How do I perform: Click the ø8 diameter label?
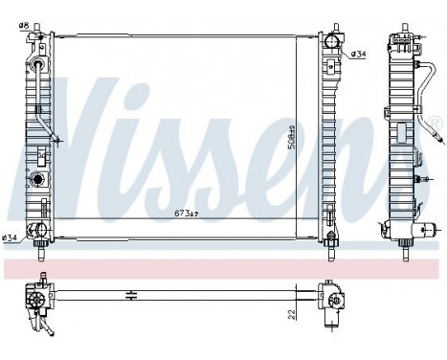point(25,13)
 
